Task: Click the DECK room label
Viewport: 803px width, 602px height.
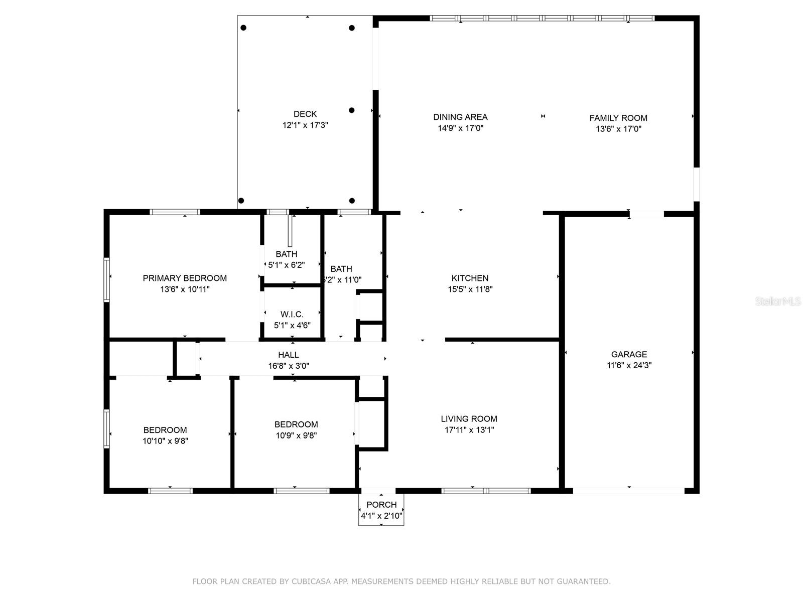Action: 305,114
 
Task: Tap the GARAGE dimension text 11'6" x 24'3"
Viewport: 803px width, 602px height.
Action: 629,365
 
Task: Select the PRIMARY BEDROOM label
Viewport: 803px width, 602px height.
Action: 185,278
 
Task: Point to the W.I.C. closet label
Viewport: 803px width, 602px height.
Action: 292,315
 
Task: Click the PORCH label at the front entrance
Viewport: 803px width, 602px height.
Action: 381,505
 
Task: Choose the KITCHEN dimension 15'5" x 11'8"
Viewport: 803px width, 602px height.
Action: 470,289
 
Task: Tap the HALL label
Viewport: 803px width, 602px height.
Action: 288,355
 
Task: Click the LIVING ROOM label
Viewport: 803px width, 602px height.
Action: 469,419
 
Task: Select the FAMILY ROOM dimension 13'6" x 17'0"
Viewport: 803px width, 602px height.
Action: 618,129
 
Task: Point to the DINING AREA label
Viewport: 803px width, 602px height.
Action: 460,117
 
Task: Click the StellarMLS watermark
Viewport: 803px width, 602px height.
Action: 778,302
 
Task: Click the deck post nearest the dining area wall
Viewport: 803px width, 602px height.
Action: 352,110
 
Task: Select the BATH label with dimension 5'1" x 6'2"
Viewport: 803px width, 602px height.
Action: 287,254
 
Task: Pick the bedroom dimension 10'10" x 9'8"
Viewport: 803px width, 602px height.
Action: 165,441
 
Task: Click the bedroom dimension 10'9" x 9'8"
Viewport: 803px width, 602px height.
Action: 296,435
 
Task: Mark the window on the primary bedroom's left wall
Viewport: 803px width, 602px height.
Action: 107,279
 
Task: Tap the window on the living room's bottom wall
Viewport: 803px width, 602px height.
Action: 486,491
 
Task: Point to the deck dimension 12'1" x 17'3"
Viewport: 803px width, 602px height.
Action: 305,125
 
